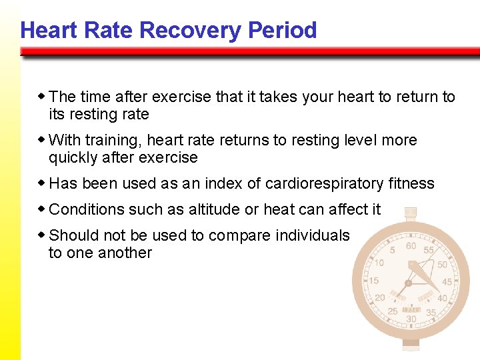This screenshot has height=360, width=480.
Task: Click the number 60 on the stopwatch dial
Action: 411,247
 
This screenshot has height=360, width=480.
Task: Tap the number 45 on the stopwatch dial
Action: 446,282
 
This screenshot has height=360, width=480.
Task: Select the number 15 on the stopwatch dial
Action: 375,281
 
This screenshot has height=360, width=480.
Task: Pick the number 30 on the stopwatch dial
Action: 411,319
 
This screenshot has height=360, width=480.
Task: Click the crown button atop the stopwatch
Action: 411,212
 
